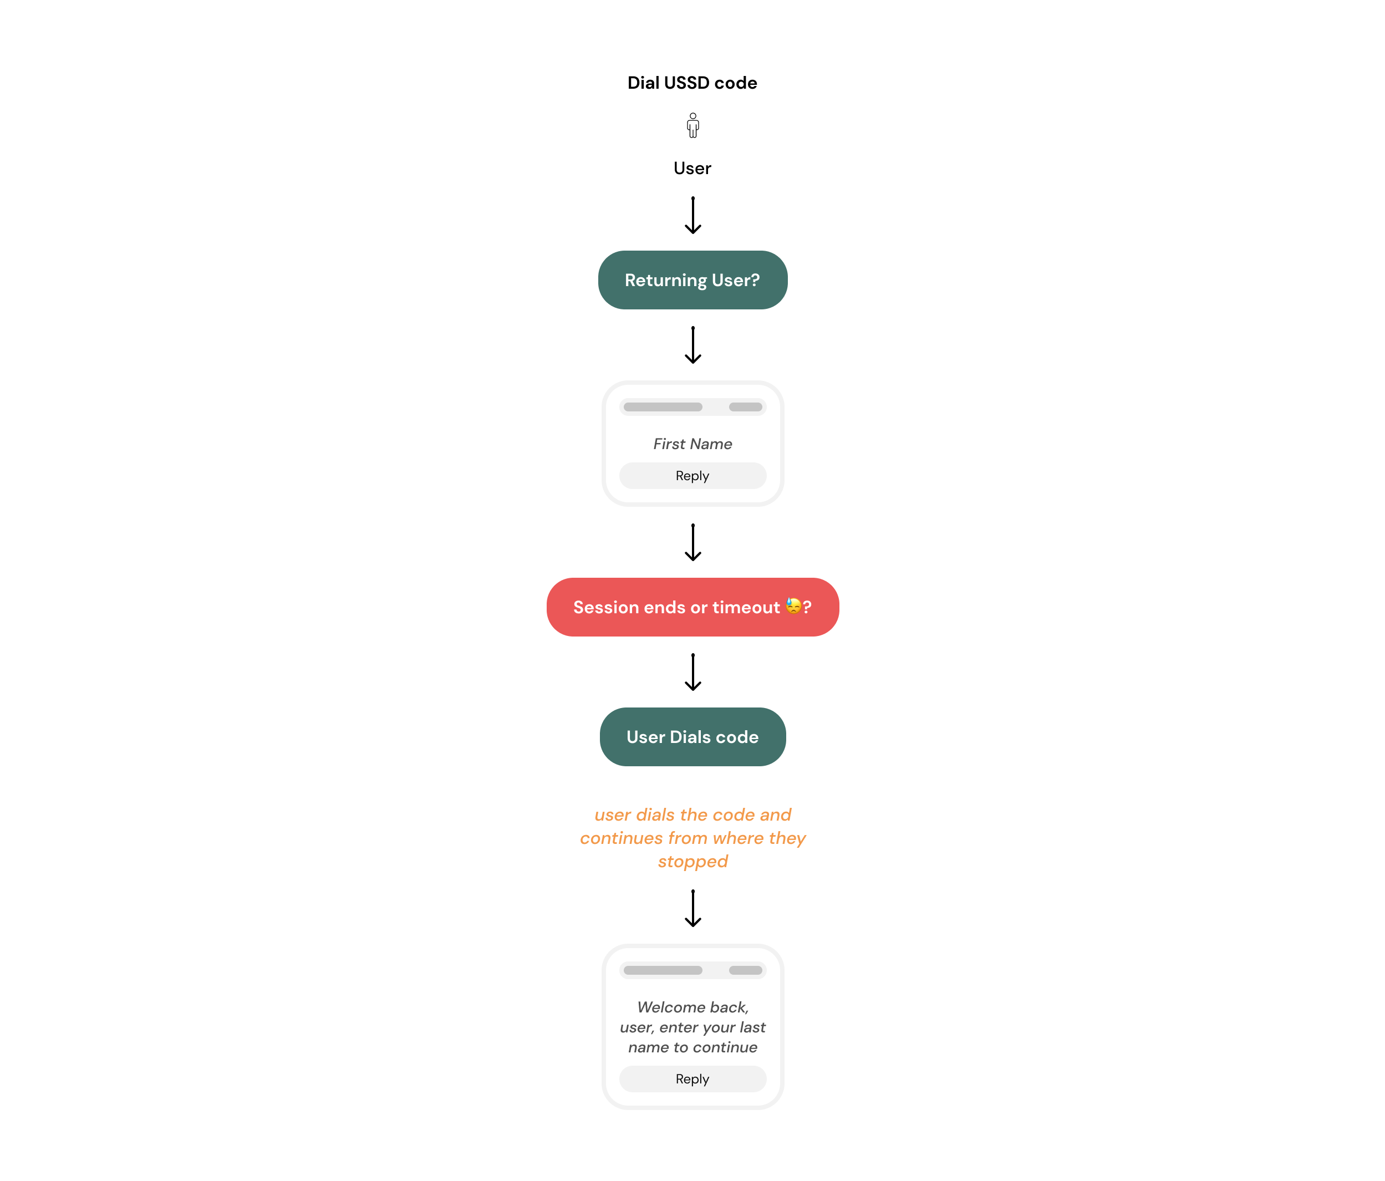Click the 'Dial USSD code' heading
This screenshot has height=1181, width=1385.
pos(692,83)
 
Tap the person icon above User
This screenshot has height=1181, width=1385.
pos(692,125)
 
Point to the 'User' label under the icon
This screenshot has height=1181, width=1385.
pos(692,169)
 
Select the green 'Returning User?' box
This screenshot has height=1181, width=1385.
pos(692,280)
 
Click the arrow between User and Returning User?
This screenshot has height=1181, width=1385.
pos(692,215)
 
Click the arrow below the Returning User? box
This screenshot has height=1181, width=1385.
pos(692,345)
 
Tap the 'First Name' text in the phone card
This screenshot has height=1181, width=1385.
pos(692,444)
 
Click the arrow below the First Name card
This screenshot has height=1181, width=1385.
pos(692,542)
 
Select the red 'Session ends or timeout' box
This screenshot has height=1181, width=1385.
pos(692,607)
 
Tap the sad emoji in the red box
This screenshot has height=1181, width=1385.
pos(793,606)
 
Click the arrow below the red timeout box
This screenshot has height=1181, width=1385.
pos(692,671)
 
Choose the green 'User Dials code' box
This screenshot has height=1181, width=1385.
pos(692,736)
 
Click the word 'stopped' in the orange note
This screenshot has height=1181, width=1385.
pos(692,862)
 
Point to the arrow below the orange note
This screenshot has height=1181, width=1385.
pos(692,908)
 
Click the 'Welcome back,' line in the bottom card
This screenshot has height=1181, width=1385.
pos(692,1007)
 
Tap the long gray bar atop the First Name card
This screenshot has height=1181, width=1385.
pos(663,407)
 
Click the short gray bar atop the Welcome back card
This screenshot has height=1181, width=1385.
pos(745,970)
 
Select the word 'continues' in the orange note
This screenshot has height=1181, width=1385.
pos(621,838)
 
